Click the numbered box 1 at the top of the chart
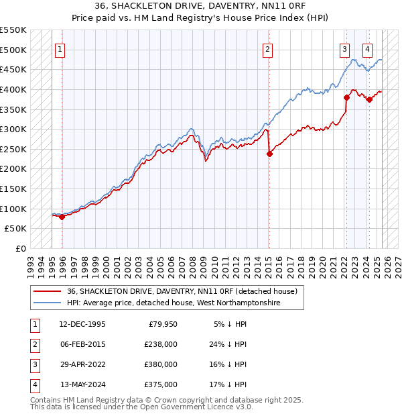pos(60,48)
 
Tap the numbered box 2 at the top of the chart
pos(267,48)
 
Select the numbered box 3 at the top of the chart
pos(344,48)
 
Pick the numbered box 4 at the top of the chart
pos(368,48)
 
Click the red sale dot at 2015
pos(269,154)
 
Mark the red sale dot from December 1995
pos(62,217)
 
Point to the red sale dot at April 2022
pos(347,97)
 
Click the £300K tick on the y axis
pos(14,129)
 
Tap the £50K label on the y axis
pos(17,228)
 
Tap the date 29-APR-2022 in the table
pos(82,365)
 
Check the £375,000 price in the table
pos(161,384)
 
